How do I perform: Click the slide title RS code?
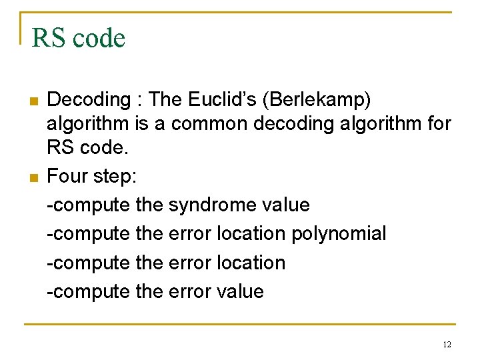point(78,38)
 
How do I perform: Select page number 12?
point(446,345)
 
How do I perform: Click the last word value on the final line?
point(239,291)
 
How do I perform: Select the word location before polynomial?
point(247,233)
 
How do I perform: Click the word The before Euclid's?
point(166,100)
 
